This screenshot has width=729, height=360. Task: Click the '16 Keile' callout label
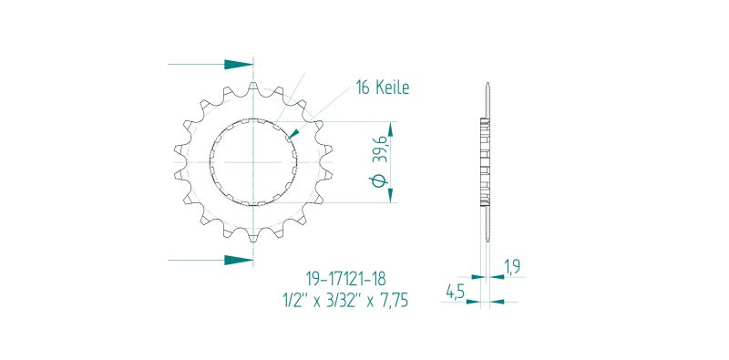(383, 87)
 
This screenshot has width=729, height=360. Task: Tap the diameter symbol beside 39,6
(379, 180)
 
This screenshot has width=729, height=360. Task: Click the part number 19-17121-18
(345, 279)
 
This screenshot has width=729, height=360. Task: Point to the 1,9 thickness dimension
(512, 266)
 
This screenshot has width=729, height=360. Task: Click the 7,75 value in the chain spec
(393, 301)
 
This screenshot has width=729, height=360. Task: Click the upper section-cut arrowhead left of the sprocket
(239, 64)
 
